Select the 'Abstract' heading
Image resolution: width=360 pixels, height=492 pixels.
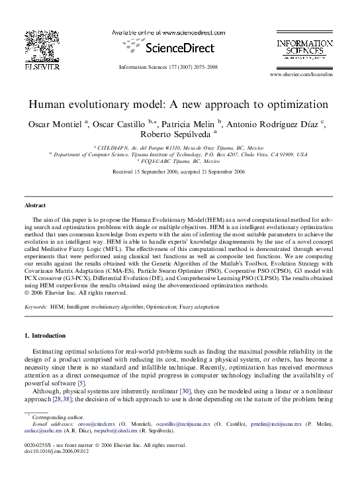(x=34, y=205)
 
